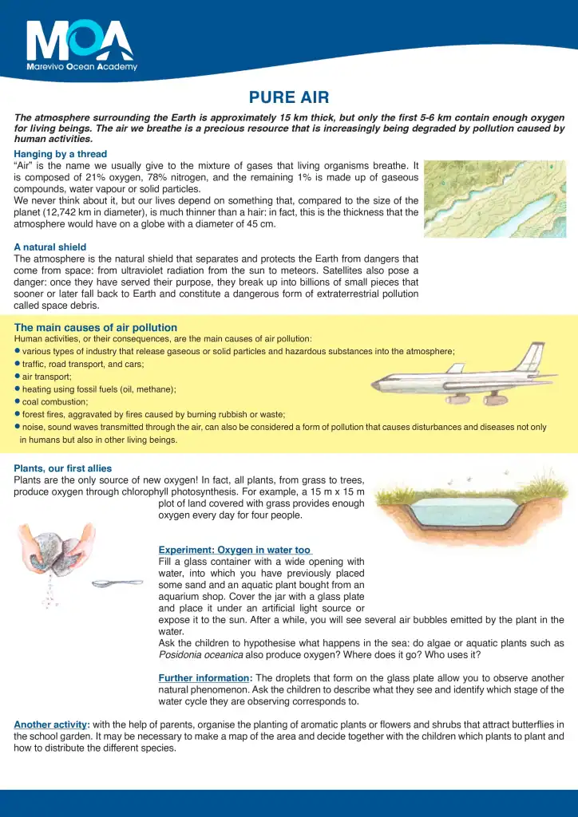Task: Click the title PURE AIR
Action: pos(289,98)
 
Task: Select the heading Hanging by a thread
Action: pos(60,154)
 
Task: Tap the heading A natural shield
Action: pos(49,247)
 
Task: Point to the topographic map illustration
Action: pos(494,199)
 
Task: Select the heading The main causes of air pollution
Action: pos(96,328)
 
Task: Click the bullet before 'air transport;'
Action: pos(17,376)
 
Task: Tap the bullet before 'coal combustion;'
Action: pos(17,401)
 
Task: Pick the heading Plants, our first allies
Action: pos(63,468)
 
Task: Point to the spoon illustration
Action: pos(117,583)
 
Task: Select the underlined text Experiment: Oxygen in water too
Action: pos(235,550)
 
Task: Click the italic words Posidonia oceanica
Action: pos(200,655)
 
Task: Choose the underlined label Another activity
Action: pos(50,724)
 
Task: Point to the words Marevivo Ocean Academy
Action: pos(81,67)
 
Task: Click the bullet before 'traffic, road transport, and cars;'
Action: pos(17,363)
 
